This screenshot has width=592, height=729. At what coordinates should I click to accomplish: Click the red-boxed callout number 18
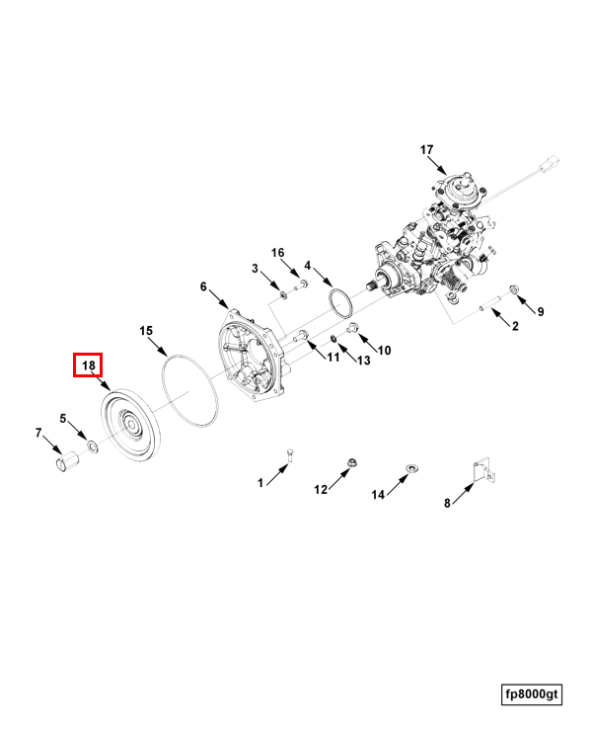point(89,365)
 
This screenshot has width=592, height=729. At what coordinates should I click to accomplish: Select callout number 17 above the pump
point(426,150)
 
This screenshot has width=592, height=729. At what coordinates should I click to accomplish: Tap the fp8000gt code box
point(532,695)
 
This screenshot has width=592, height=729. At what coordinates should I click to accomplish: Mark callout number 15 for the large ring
point(146,330)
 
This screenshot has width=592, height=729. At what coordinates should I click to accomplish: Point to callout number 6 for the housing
point(204,287)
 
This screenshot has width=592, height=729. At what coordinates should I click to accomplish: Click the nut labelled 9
point(513,288)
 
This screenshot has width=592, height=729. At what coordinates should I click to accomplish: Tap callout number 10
point(385,351)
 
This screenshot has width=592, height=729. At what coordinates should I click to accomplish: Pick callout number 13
point(363,361)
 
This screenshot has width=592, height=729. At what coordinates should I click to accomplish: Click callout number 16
point(278,254)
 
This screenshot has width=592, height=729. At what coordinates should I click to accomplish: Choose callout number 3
point(255,269)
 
